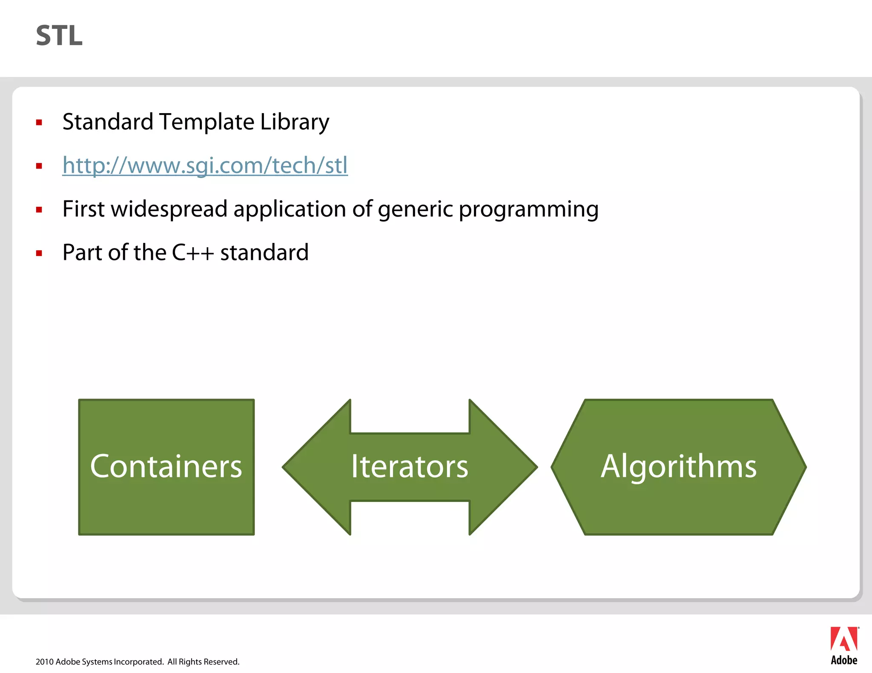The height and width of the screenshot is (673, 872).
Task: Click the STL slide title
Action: [x=59, y=36]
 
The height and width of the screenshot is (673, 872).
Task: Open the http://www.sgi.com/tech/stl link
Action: [x=205, y=165]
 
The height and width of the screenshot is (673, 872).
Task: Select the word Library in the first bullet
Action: [x=294, y=122]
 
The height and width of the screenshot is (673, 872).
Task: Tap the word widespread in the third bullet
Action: [x=169, y=209]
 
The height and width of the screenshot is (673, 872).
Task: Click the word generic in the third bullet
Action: [x=415, y=210]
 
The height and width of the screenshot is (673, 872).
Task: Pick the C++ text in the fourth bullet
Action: [x=192, y=253]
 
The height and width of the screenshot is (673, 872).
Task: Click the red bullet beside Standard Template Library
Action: [x=39, y=123]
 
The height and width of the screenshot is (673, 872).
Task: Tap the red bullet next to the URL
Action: [x=39, y=166]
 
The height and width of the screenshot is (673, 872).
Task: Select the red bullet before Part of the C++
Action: [x=39, y=254]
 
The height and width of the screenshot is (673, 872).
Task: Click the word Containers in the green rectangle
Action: [x=166, y=466]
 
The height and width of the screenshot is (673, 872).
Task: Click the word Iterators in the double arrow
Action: [x=410, y=466]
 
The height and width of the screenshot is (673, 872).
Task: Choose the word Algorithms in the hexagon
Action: [x=679, y=466]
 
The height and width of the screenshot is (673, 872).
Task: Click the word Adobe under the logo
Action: [x=844, y=660]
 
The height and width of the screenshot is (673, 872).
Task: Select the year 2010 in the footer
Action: [x=44, y=662]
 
